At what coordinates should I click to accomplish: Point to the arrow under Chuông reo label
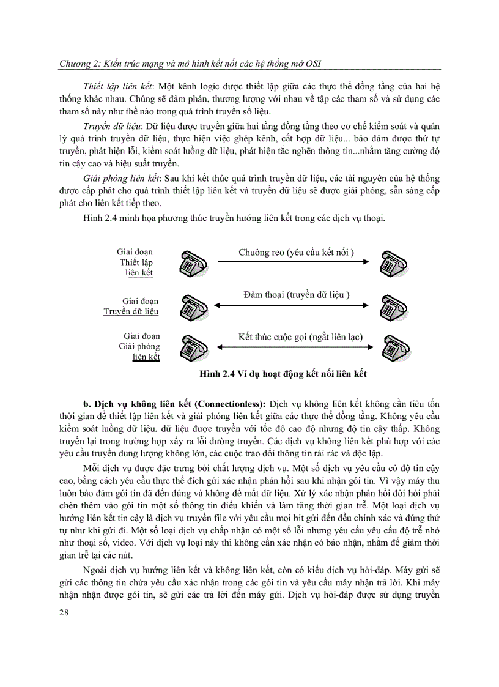pyautogui.click(x=292, y=263)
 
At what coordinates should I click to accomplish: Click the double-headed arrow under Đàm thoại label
pyautogui.click(x=292, y=305)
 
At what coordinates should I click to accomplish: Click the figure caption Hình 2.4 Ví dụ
pyautogui.click(x=279, y=373)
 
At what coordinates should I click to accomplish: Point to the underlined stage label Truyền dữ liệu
pyautogui.click(x=131, y=311)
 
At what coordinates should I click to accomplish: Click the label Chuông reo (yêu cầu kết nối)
pyautogui.click(x=297, y=251)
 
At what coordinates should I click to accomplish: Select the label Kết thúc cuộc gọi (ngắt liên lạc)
pyautogui.click(x=300, y=337)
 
